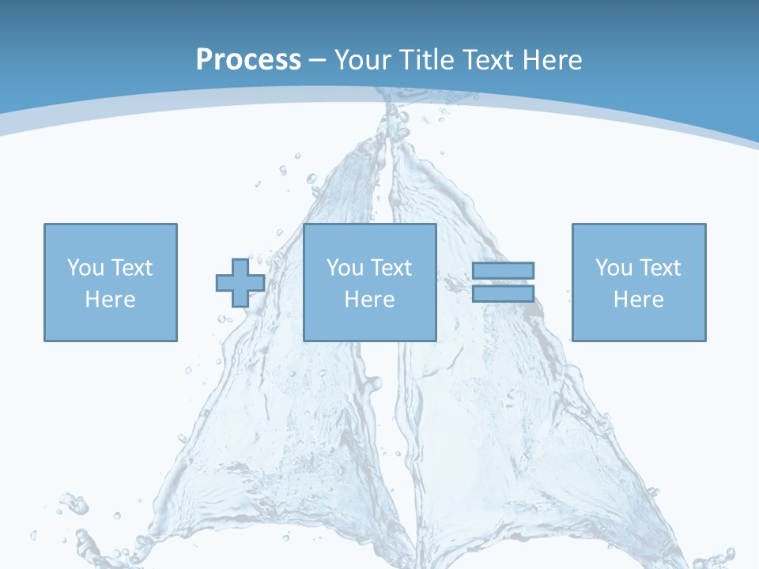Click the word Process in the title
tap(248, 60)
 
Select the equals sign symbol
tap(503, 282)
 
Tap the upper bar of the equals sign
tap(503, 270)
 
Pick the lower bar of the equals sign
tap(503, 294)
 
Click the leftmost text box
tap(111, 282)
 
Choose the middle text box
tap(370, 282)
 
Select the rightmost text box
tap(639, 282)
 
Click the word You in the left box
tap(85, 268)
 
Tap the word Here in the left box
tap(111, 300)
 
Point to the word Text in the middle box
tap(392, 268)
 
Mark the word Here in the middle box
tap(370, 300)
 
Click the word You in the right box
tap(614, 268)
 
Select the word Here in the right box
tap(639, 300)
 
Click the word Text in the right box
tap(661, 268)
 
